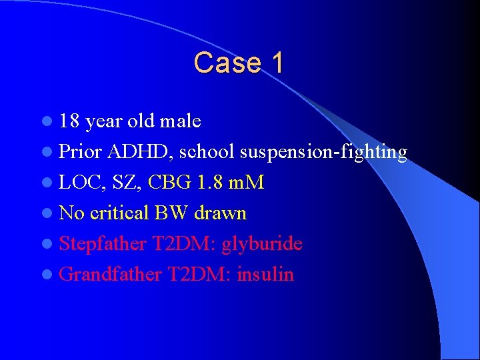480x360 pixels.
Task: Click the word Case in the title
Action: [x=223, y=63]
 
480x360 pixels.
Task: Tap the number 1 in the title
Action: [x=277, y=63]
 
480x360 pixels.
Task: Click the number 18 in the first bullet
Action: [x=69, y=121]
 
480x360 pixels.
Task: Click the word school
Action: [x=208, y=152]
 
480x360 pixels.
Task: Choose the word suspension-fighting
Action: [x=323, y=152]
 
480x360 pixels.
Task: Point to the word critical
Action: [x=119, y=213]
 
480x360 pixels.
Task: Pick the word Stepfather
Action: [x=103, y=243]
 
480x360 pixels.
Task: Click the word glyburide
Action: [x=262, y=244]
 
